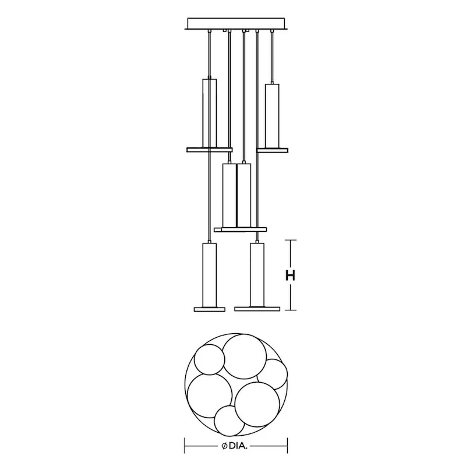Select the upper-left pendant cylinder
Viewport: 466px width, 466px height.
coord(209,112)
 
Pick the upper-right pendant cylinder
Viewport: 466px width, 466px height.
coord(272,116)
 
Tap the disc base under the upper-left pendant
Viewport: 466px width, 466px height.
coord(209,150)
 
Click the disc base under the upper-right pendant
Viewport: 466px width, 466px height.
coord(273,150)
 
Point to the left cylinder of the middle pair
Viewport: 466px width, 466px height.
coord(230,195)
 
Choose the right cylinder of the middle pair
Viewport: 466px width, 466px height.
coord(244,195)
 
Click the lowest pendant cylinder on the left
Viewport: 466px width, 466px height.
coord(208,274)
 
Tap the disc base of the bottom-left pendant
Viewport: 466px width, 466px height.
coord(208,308)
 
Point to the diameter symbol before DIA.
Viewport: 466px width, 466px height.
coord(224,447)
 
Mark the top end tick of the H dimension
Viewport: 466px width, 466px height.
coord(292,240)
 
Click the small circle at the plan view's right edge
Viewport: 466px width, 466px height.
coord(273,374)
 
